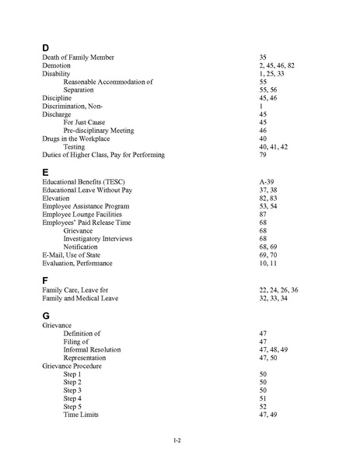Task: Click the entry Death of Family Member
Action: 78,58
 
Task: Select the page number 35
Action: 263,58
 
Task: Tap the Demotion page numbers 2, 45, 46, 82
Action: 277,66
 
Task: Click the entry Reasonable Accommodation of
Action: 108,82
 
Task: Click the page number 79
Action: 263,154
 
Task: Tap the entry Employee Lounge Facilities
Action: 86,214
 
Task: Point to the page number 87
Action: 263,214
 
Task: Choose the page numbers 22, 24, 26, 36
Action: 278,289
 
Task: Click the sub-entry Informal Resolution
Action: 97,349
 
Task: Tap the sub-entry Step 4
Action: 72,398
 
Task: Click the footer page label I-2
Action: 178,440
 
